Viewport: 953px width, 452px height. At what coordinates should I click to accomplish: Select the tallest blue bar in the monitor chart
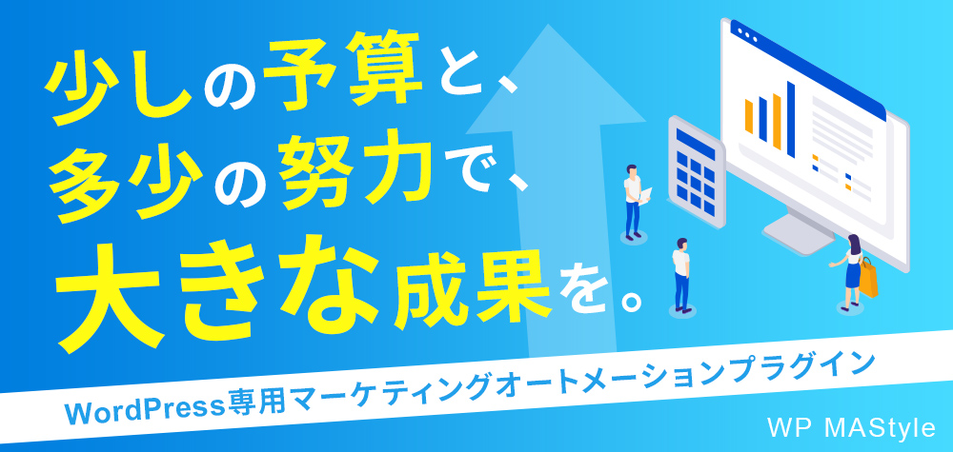coord(791,118)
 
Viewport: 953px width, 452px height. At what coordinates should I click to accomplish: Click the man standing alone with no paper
coord(681,274)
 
